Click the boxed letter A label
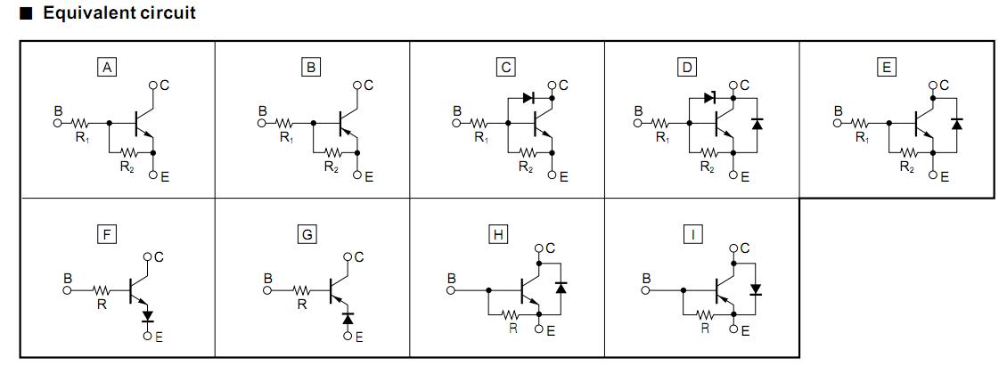pos(107,66)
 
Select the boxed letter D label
pos(686,66)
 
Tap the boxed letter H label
pos(498,234)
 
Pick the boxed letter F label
pos(107,234)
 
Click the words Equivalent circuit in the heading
pos(119,13)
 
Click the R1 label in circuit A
pos(83,137)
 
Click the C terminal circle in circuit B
pos(356,86)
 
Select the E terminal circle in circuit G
pos(348,336)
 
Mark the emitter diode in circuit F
pos(148,316)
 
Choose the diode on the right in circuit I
pos(756,289)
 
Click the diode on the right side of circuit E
pos(956,122)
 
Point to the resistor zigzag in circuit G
pos(304,290)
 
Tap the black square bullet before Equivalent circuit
pos(26,13)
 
